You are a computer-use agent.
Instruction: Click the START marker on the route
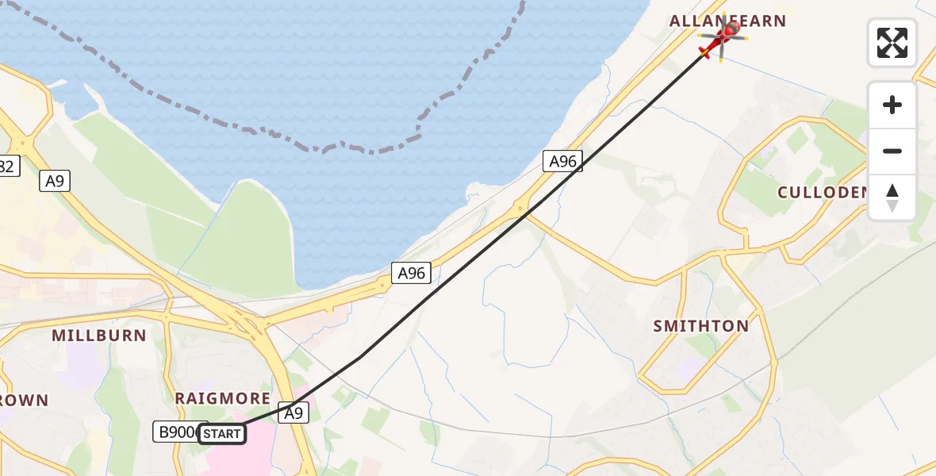tap(222, 434)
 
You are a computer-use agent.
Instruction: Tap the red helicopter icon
tap(721, 40)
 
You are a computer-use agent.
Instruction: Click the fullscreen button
tap(892, 43)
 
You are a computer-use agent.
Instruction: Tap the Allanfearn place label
tap(727, 21)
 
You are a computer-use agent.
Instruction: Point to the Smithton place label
tap(700, 326)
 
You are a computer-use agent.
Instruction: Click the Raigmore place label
tap(222, 398)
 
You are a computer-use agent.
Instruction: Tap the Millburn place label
tap(99, 336)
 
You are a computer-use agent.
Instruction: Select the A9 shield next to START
tap(293, 413)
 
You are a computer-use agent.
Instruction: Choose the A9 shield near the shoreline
tap(55, 181)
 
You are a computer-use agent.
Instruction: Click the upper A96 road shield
tap(562, 162)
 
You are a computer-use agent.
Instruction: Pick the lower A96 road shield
tap(411, 274)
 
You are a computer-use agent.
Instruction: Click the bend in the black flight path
tap(361, 356)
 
